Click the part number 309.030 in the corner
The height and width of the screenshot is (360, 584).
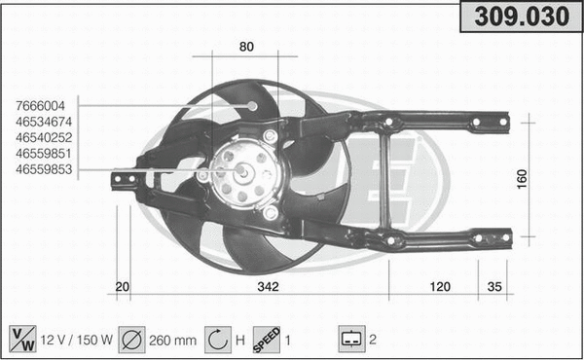coord(519,18)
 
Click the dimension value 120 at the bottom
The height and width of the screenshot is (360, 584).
coord(440,286)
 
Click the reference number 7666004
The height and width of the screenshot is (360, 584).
coord(40,106)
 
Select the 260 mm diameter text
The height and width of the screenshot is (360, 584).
coord(173,341)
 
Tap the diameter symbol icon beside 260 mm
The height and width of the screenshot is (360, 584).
coord(132,340)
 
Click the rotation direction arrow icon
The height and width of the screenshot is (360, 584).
coord(218,340)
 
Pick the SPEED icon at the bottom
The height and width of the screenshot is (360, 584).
coord(266,340)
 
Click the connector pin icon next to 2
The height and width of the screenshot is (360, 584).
coord(349,340)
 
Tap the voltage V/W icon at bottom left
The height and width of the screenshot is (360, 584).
coord(21,340)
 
